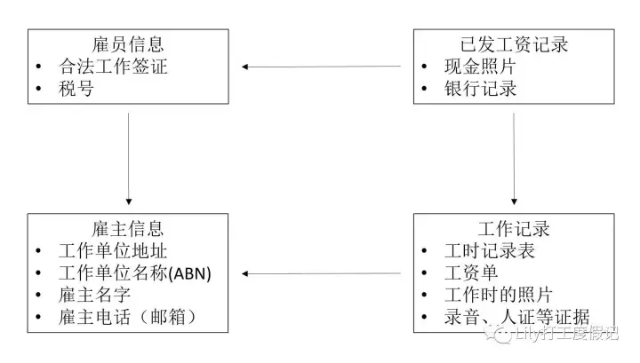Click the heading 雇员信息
click(129, 43)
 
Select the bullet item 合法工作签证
click(114, 66)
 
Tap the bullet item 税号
click(76, 89)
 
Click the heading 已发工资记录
click(514, 43)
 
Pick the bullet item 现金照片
click(479, 66)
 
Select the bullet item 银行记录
click(479, 89)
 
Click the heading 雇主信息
click(129, 227)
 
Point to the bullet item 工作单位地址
click(114, 250)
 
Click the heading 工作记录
click(514, 227)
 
